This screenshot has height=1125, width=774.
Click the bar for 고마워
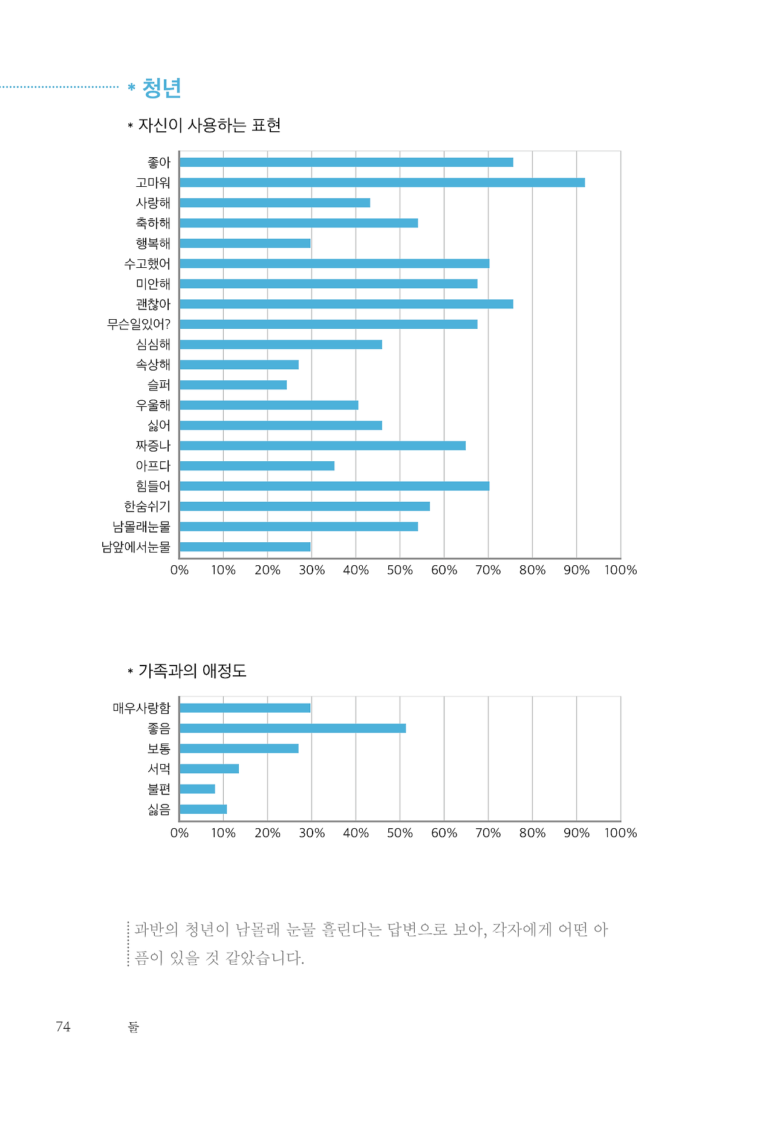pos(382,183)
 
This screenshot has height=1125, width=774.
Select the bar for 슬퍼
pos(233,385)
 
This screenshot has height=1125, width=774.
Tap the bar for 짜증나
pos(322,446)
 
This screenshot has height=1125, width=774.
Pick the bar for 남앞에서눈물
pos(245,547)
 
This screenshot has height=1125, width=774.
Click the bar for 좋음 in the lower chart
pos(293,728)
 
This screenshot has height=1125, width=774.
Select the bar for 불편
pos(197,789)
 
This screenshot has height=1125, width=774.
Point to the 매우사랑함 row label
pos(141,708)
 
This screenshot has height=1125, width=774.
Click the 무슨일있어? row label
pos(138,325)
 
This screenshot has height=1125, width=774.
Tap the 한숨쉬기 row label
pos(147,507)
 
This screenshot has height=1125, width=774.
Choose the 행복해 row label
pos(153,244)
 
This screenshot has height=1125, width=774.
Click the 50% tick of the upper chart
pos(400,570)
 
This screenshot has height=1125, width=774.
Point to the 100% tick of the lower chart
pos(620,833)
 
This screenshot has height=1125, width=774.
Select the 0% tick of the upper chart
pos(180,570)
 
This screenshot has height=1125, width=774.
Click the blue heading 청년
pos(161,88)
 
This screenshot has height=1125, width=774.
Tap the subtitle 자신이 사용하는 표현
pos(209,125)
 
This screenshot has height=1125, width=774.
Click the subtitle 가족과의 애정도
pos(192,670)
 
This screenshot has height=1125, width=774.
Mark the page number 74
pos(63,1026)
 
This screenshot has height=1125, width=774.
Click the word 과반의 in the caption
pos(155,929)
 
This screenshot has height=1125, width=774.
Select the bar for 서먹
pos(209,769)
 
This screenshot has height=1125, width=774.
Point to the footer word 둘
pos(134,1027)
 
